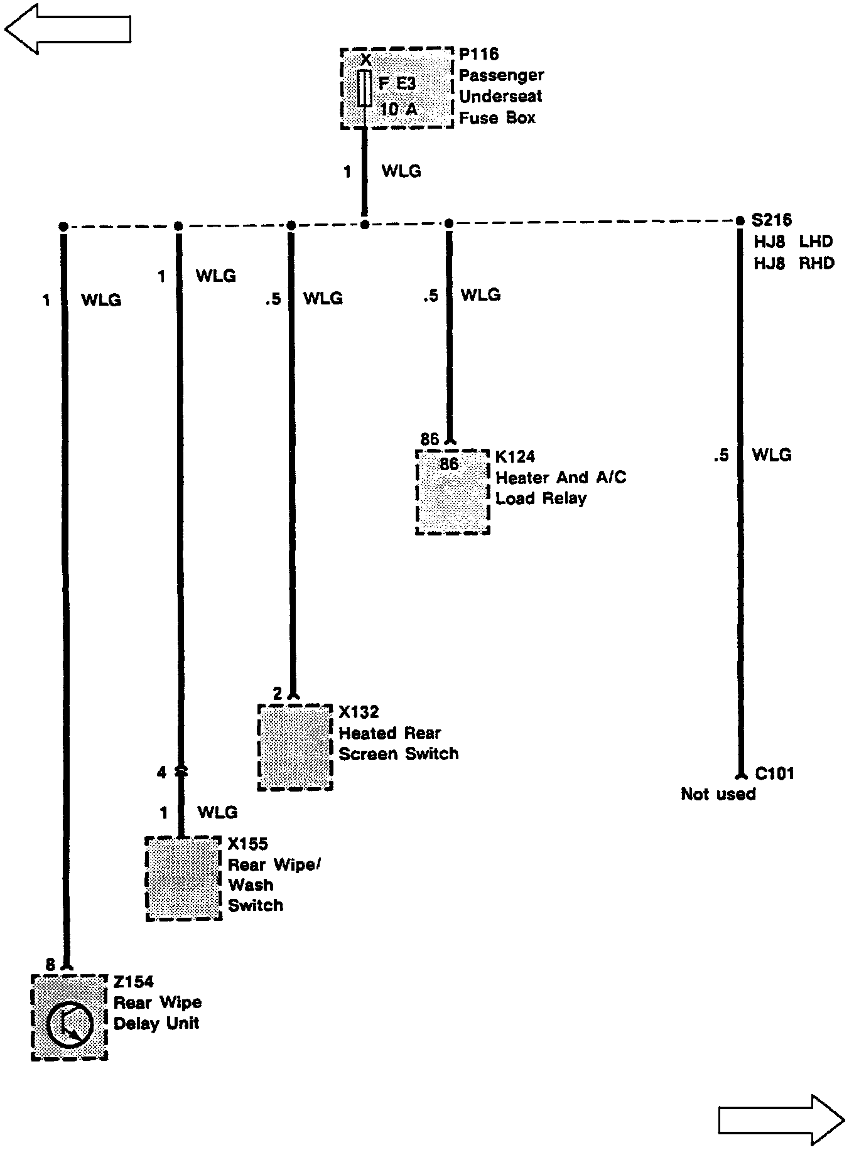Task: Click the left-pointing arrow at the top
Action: [67, 28]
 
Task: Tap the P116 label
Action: [478, 55]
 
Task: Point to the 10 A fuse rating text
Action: [398, 109]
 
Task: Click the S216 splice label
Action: [771, 220]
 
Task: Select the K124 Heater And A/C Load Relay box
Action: [452, 492]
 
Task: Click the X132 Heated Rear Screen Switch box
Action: [295, 747]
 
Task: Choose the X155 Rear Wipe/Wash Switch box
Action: [183, 878]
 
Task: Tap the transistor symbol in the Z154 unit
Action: [70, 1025]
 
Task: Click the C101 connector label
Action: [774, 773]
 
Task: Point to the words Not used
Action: [718, 794]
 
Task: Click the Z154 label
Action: [133, 982]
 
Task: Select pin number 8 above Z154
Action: [51, 965]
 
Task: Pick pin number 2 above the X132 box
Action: [278, 694]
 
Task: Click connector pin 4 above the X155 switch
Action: [162, 772]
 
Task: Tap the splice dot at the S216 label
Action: [740, 221]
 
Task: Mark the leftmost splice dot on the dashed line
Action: [62, 226]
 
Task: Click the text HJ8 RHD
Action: [794, 263]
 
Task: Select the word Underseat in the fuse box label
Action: [500, 96]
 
